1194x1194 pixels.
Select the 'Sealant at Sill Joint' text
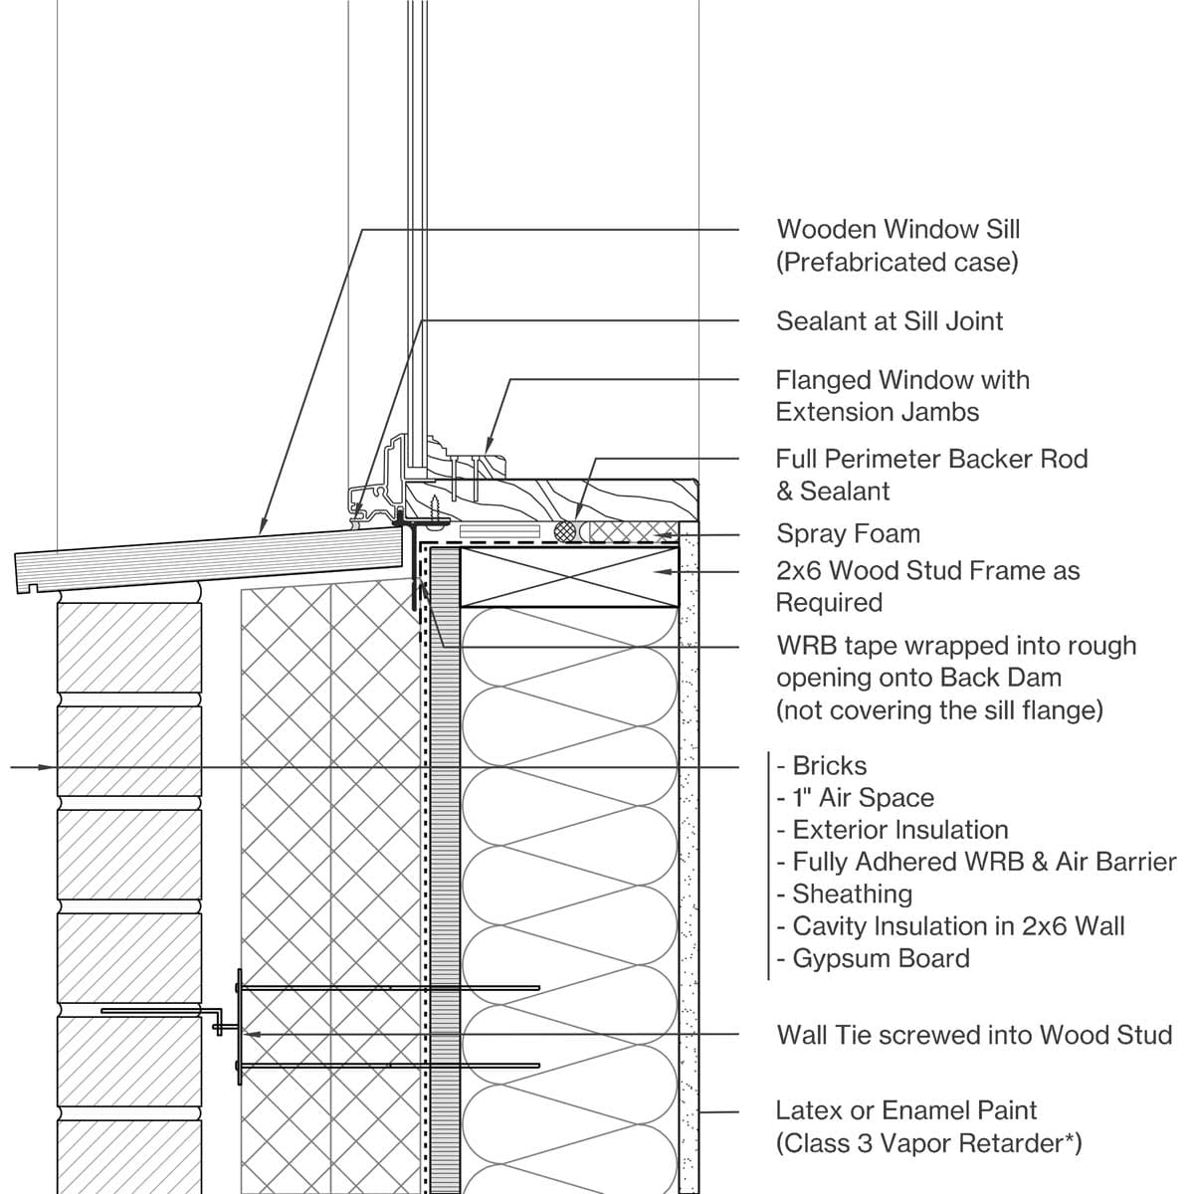click(890, 321)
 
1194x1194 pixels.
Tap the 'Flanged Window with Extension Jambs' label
click(901, 396)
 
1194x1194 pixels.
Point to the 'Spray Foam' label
click(848, 533)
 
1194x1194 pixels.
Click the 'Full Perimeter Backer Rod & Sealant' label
click(931, 475)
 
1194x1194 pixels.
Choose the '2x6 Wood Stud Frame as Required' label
click(927, 586)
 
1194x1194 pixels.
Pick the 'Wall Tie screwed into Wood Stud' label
click(974, 1035)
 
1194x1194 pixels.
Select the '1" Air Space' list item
click(863, 798)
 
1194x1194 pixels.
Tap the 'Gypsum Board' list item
click(881, 958)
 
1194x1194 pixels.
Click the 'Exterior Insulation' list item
click(899, 830)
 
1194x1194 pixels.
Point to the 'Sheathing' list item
click(852, 894)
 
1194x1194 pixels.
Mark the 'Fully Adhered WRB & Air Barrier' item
click(983, 862)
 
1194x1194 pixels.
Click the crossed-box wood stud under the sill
click(570, 576)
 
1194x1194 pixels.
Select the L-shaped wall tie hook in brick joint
click(219, 1023)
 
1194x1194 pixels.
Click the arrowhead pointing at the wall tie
click(252, 1035)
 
